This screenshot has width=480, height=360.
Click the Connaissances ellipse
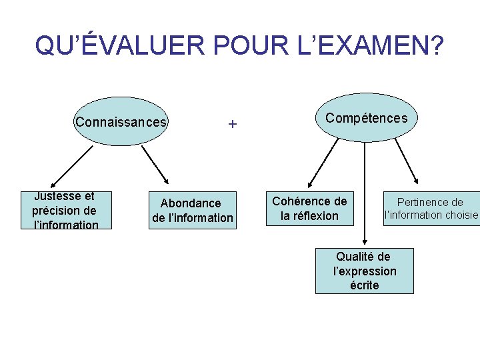[x=120, y=122]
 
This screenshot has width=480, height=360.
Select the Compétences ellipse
[x=366, y=117]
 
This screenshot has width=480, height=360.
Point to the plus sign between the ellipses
[x=232, y=124]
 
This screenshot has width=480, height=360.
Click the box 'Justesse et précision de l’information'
[x=65, y=210]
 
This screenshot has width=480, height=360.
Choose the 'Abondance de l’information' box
[x=192, y=210]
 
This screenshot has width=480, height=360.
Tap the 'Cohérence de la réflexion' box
[x=309, y=208]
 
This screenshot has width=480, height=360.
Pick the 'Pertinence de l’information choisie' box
[x=431, y=208]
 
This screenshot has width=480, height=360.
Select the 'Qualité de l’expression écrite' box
[x=364, y=271]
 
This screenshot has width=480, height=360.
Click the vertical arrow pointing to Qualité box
[x=365, y=193]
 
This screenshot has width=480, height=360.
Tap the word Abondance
[x=191, y=203]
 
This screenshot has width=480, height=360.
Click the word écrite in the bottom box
[x=364, y=285]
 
